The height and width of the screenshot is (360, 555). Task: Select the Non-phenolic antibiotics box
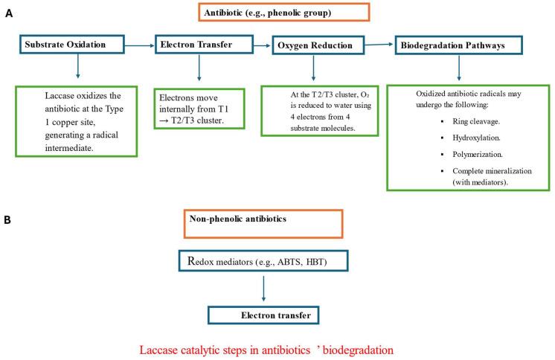pyautogui.click(x=263, y=222)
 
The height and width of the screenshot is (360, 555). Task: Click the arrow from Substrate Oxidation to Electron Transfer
pyautogui.click(x=143, y=45)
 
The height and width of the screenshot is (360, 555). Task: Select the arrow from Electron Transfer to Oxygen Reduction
pyautogui.click(x=260, y=45)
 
